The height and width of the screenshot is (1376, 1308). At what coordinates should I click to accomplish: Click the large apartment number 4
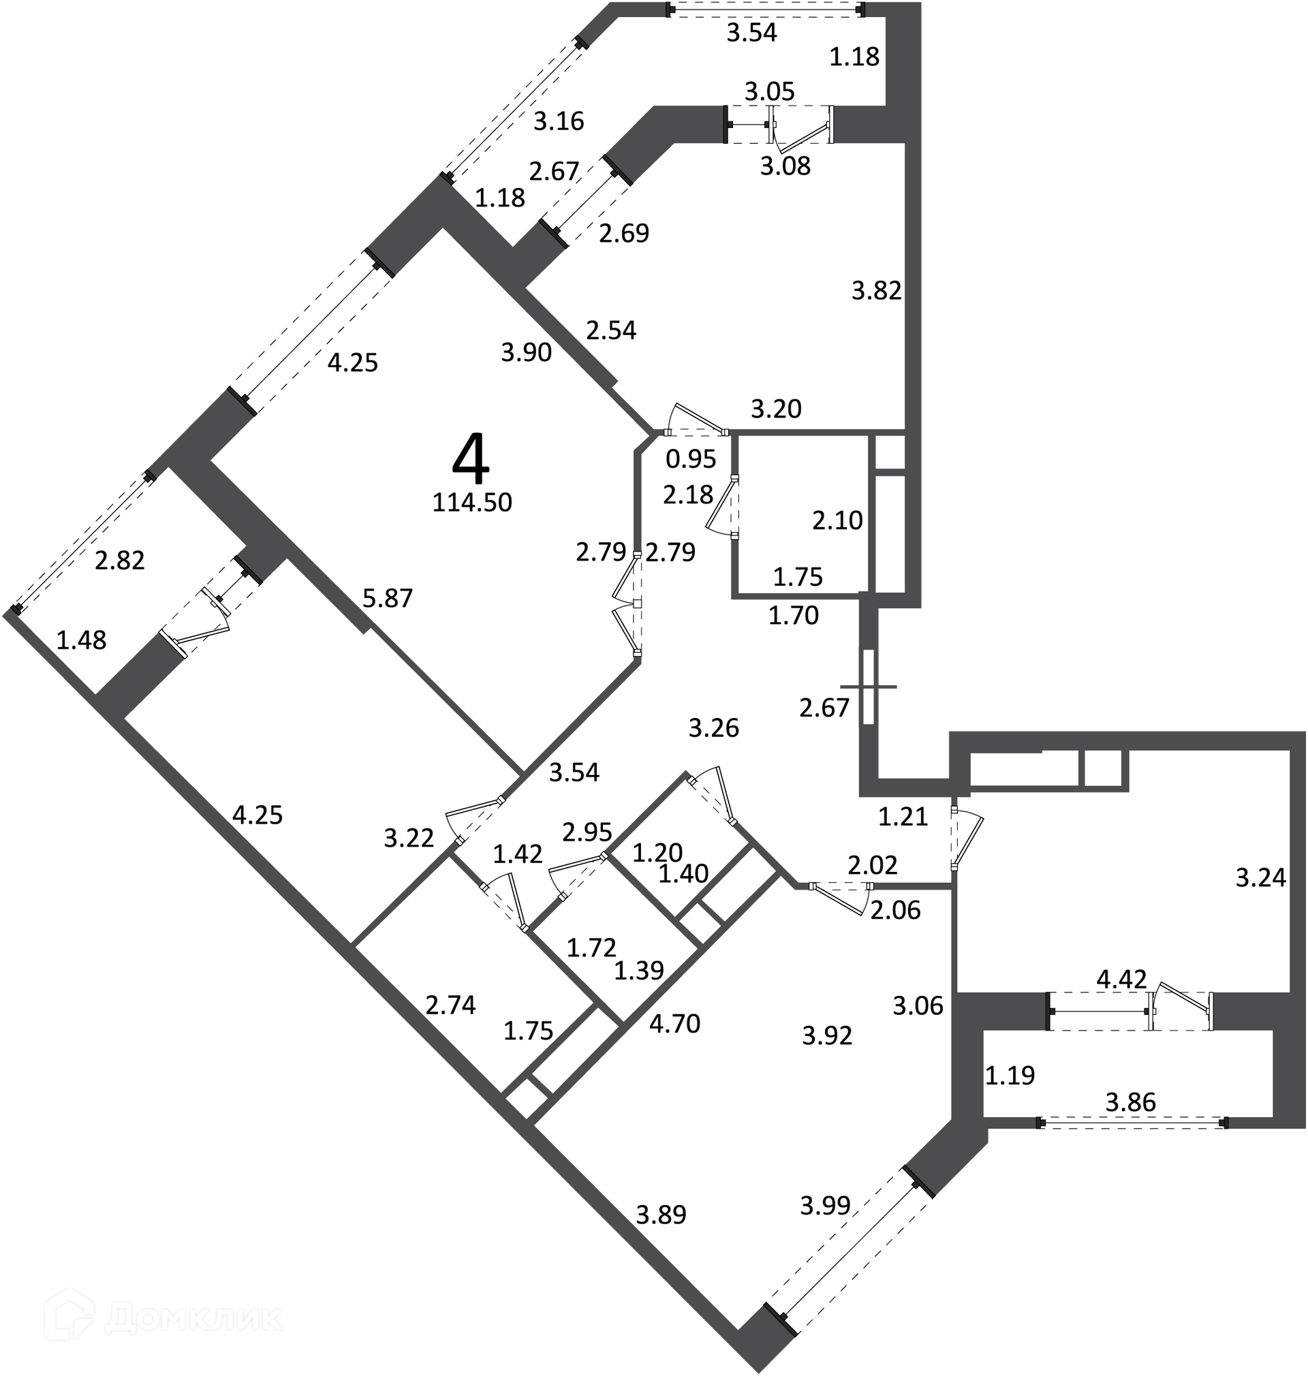click(x=471, y=458)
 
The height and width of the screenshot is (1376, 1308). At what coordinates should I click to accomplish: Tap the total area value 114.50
click(x=472, y=503)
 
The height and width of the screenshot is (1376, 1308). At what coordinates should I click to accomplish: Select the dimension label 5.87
click(x=388, y=598)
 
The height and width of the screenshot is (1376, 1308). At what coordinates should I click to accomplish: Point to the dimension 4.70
click(x=674, y=1024)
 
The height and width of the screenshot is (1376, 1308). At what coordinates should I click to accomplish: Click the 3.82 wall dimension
click(x=876, y=291)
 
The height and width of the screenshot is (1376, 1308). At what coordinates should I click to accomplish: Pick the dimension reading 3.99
click(x=825, y=1205)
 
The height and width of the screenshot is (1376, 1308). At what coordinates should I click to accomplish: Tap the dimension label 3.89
click(x=661, y=1215)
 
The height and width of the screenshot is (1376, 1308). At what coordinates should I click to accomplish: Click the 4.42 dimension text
click(x=1122, y=980)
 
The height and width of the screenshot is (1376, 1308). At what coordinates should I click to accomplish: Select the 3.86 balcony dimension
click(x=1131, y=1102)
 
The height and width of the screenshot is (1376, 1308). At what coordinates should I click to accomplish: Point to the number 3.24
click(x=1261, y=877)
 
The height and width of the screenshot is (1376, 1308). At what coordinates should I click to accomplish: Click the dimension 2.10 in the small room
click(x=838, y=520)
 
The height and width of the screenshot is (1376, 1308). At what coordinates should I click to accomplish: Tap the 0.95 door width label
click(x=691, y=458)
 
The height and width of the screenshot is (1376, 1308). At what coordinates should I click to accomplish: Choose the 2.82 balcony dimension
click(x=120, y=561)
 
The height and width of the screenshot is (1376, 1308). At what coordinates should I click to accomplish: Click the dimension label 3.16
click(x=559, y=121)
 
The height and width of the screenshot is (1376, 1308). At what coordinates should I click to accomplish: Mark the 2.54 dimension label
click(x=612, y=330)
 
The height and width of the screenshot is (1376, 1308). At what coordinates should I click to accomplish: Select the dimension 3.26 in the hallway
click(x=714, y=728)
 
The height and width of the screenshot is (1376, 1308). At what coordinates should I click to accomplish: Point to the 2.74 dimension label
click(x=451, y=1005)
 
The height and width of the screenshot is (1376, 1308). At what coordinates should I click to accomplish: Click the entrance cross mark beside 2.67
click(x=869, y=687)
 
